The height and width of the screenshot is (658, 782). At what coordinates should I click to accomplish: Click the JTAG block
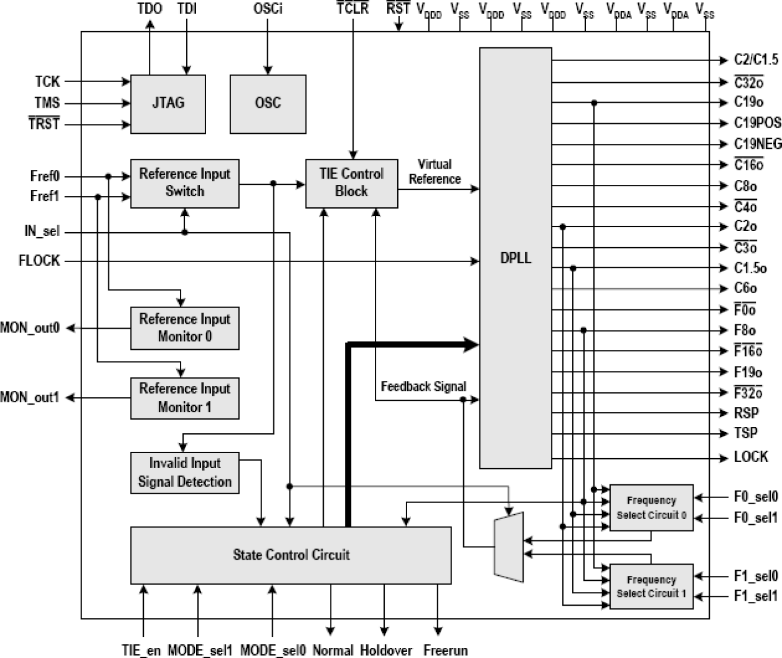click(168, 104)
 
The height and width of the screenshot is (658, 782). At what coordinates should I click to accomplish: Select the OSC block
click(268, 104)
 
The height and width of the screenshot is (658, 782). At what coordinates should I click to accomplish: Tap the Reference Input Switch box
click(184, 183)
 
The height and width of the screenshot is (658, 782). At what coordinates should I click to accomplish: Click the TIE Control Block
click(351, 183)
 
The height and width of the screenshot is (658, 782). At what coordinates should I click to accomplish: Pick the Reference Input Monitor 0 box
click(184, 328)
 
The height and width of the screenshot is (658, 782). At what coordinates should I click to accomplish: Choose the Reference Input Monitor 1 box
click(184, 398)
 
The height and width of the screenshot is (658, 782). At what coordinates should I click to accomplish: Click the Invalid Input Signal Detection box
click(184, 473)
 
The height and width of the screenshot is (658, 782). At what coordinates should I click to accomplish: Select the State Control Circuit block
click(291, 555)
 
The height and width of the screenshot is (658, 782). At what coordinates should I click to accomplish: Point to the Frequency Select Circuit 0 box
click(651, 508)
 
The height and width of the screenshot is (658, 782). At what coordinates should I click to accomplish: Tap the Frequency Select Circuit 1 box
click(651, 587)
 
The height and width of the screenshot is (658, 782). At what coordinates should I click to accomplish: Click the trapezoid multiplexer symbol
click(509, 547)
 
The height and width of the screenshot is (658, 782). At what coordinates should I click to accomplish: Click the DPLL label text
click(516, 258)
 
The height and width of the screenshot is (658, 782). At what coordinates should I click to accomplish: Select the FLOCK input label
click(39, 261)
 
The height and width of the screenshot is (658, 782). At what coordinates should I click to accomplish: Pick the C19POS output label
click(757, 123)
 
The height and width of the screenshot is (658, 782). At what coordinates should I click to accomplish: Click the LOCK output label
click(751, 457)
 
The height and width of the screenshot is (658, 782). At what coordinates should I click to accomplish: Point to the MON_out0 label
click(30, 328)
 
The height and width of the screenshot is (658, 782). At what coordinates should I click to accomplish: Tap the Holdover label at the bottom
click(385, 651)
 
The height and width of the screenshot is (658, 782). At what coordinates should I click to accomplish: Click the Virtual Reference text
click(435, 172)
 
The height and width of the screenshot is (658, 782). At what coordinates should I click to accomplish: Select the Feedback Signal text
click(423, 387)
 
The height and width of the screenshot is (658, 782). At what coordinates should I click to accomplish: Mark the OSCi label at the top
click(268, 9)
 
